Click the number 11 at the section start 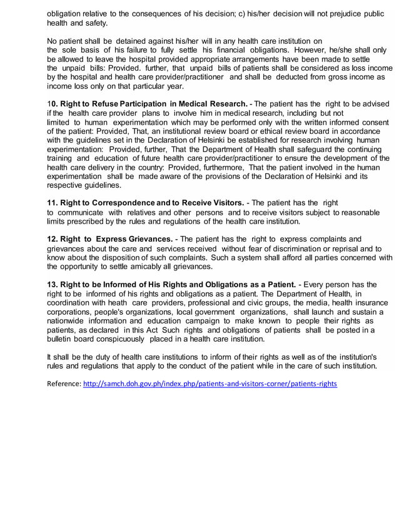coord(53,203)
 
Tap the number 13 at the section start coord(53,284)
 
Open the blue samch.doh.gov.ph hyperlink coord(210,383)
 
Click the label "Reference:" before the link coord(64,383)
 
